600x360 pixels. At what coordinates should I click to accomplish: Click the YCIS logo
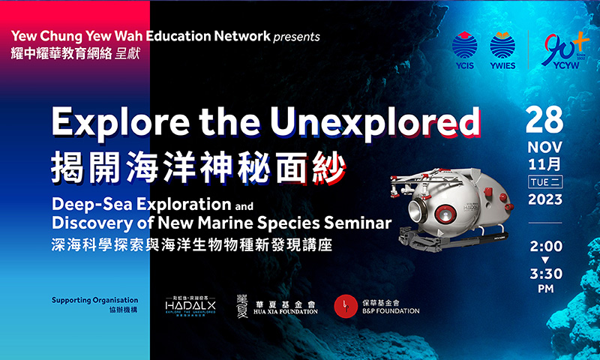(465, 49)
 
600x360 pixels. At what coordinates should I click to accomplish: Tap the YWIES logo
(502, 49)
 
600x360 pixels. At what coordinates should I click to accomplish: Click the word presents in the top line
(296, 37)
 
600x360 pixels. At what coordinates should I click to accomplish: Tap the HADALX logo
(191, 305)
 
